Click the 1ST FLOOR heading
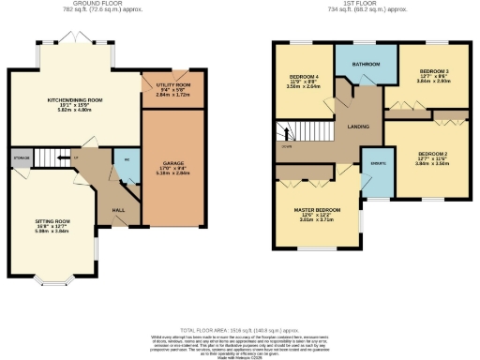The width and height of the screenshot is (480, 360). (358, 4)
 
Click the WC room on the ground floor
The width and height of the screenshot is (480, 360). (125, 160)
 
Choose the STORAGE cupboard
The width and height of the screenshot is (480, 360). (21, 157)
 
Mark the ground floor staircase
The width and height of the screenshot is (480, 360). (62, 157)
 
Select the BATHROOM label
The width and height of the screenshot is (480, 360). (365, 64)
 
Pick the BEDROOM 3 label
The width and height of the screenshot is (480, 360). (433, 72)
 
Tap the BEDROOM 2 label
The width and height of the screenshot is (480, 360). (433, 153)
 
